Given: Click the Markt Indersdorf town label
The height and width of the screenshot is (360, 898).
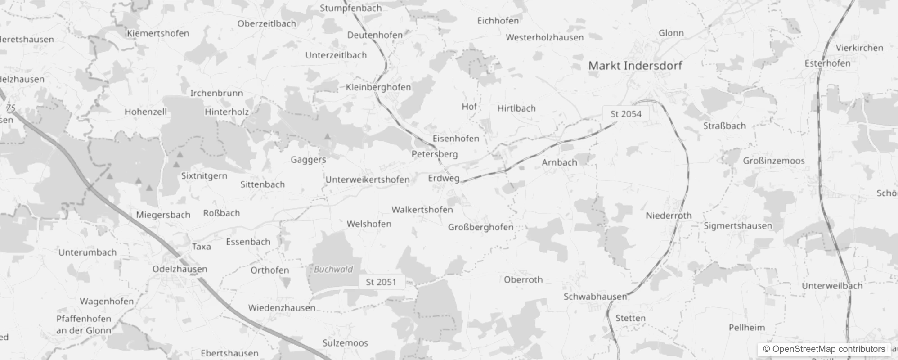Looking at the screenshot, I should pos(635,66).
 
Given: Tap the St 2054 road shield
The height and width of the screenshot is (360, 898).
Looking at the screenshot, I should pos(625,114).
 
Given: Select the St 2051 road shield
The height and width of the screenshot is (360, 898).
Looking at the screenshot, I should pos(381,282).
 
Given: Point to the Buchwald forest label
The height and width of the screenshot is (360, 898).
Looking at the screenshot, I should pos(333,270).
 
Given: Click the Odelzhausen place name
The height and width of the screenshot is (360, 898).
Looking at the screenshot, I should pos(180,269).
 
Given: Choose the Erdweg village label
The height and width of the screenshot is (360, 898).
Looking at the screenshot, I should pos(444,178).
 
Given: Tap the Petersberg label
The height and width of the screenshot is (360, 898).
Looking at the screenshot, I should pos(435,154).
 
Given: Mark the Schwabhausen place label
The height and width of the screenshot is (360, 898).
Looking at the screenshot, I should pos(595,297).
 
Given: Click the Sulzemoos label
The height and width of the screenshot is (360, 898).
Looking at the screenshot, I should pos(345,343).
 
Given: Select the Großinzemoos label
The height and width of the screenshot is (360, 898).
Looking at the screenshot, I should pos(774,161).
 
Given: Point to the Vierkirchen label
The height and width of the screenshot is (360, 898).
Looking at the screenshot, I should pos(859,48).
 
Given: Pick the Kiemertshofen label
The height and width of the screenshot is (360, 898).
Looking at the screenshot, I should pos(158,33).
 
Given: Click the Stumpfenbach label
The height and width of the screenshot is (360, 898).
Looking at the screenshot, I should pos(350,8).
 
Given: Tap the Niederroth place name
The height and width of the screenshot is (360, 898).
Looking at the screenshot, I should pos(669,216).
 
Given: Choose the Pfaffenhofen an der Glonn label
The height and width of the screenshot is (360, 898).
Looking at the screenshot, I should pos(84,324).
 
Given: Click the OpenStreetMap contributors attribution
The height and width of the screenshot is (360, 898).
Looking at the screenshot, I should pos(824,349).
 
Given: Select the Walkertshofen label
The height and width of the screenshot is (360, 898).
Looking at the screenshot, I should pos(422,210).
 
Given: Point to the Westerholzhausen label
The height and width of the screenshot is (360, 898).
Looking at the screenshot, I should pos(544,37).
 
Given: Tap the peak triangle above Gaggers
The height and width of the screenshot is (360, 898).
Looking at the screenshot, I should pos(328,136).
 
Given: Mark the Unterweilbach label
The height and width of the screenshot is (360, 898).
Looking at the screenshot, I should pos(832,286).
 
